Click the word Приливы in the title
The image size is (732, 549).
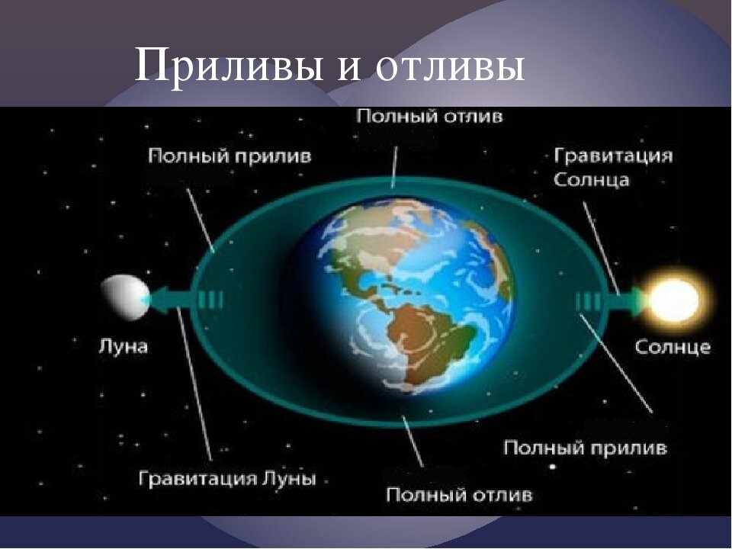pos(228,67)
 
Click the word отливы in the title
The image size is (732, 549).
pos(449,67)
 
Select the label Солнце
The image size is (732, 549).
pos(673,347)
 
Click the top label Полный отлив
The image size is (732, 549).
pos(430,118)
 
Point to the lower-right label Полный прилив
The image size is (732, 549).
pos(586,448)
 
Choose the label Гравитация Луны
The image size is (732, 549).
pos(227,480)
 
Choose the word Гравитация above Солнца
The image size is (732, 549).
pos(613,156)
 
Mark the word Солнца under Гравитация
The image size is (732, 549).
pos(591,181)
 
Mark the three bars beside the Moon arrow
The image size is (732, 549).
pos(210,299)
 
